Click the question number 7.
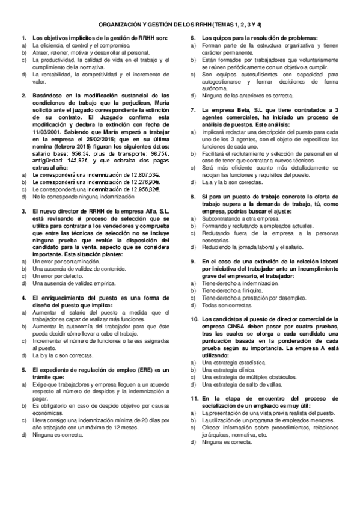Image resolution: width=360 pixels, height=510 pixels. click(x=193, y=109)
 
